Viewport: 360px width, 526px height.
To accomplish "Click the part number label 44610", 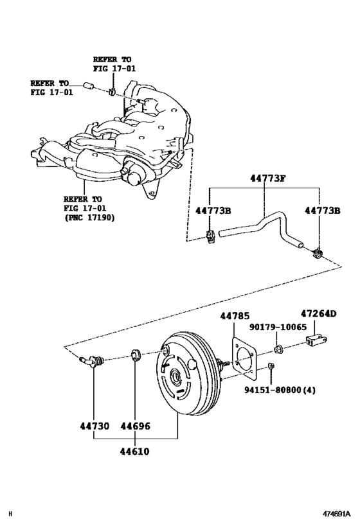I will (134, 451).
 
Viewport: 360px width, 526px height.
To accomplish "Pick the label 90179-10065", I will (278, 328).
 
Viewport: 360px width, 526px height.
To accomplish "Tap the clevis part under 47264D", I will (318, 338).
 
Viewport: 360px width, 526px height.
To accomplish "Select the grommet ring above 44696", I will (135, 355).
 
